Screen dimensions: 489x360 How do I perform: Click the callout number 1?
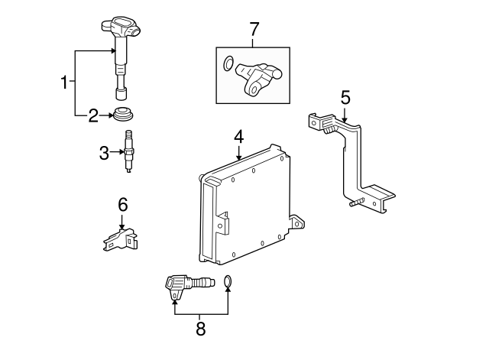click(64, 82)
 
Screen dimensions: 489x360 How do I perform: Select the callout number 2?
click(93, 115)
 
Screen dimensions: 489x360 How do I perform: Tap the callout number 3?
click(104, 153)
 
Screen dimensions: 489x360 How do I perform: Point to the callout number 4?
click(239, 138)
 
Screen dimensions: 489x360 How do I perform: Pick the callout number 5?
click(345, 98)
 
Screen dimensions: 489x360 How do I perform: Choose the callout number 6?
click(123, 205)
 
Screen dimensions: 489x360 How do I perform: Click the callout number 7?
click(254, 29)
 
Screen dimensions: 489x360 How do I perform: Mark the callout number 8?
click(201, 329)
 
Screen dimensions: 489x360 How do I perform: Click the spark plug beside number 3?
click(129, 151)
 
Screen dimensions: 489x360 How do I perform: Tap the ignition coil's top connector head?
click(121, 28)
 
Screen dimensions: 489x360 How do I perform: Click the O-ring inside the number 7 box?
click(228, 63)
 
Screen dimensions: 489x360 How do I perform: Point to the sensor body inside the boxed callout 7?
click(257, 78)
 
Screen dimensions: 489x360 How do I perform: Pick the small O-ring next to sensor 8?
click(228, 281)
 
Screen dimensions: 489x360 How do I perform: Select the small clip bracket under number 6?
click(121, 239)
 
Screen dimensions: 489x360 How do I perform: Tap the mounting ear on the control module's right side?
click(297, 223)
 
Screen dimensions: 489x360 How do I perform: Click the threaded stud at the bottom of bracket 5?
click(358, 202)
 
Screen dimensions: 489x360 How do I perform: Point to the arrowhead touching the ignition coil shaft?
click(114, 50)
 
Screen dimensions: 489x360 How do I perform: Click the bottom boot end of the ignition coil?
click(121, 93)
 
